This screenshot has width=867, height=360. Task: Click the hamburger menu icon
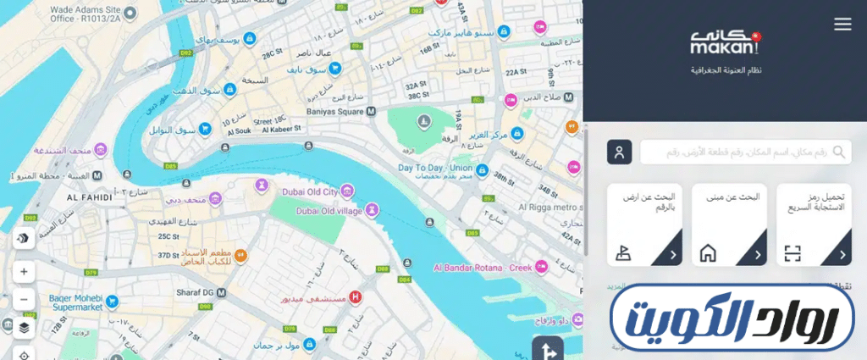[x=842, y=25]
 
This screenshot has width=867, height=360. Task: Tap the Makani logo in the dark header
[x=724, y=43]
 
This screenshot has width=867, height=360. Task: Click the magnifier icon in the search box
[x=839, y=152]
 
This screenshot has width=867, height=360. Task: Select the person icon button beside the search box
[x=620, y=152]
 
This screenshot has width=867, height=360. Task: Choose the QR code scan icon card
[x=792, y=252]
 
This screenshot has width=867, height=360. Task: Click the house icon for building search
[x=708, y=252]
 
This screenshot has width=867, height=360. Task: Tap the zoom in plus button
[x=24, y=272]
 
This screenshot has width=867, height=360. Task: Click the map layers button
[x=24, y=327]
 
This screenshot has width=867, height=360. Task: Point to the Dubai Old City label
[x=308, y=191]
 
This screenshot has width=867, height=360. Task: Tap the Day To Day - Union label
[x=434, y=168]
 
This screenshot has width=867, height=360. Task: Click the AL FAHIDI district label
[x=90, y=196]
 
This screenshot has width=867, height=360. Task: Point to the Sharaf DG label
[x=191, y=291]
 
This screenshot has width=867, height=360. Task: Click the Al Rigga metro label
[x=550, y=208]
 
